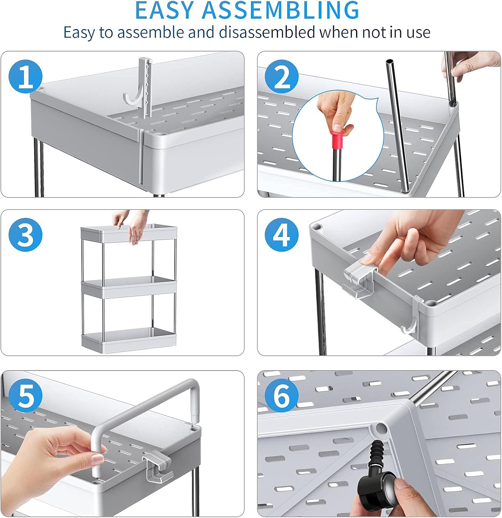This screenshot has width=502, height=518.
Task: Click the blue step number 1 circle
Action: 25,77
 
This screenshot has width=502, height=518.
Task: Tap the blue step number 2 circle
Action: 281,77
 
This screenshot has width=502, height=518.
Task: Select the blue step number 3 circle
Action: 25,235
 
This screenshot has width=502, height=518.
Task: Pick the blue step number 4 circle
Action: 281,235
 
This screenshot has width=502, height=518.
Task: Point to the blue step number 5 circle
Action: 25,396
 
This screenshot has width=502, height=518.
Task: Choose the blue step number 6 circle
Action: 281,396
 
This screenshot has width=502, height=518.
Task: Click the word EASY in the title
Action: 165,10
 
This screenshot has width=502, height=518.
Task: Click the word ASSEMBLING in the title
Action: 281,10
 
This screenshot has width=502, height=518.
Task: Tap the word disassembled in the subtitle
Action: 267,32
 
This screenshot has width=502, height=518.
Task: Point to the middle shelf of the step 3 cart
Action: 129,287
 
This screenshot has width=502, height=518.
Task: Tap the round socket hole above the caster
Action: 381,429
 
